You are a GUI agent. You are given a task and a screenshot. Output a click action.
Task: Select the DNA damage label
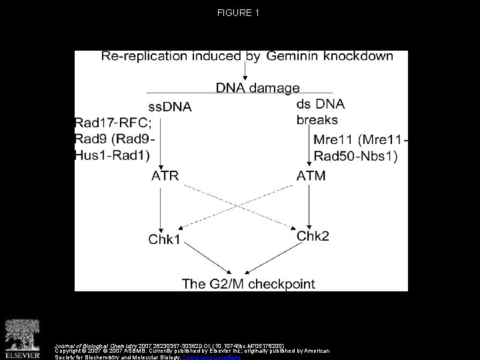[258, 87]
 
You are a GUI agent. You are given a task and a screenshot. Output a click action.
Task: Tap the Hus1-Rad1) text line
[114, 155]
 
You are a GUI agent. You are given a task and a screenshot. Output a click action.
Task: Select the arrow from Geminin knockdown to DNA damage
[247, 71]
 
